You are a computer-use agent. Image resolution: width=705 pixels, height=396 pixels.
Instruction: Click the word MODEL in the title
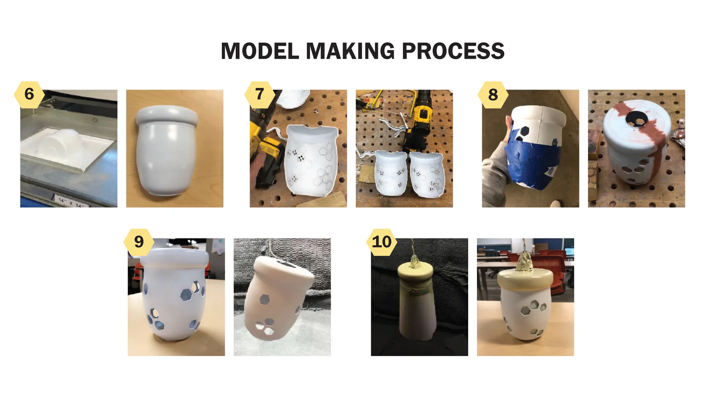(x=260, y=51)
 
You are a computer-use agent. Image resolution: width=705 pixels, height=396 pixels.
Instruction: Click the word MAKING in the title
(x=350, y=51)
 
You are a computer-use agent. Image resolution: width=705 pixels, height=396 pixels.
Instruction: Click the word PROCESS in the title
(x=453, y=51)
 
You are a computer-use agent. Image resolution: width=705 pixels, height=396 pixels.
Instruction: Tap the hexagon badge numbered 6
(x=29, y=94)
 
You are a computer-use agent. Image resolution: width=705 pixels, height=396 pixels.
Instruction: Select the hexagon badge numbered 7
(x=260, y=94)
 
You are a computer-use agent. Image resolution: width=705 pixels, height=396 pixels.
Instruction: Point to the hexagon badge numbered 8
(x=493, y=94)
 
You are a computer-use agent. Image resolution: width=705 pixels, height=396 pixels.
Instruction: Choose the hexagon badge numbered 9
(x=139, y=241)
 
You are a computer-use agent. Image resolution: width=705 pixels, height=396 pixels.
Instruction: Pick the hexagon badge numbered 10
(x=382, y=241)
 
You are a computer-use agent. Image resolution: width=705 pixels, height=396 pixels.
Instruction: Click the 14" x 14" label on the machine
(x=71, y=202)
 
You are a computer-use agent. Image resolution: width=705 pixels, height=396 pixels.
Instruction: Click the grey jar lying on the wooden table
(x=167, y=150)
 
